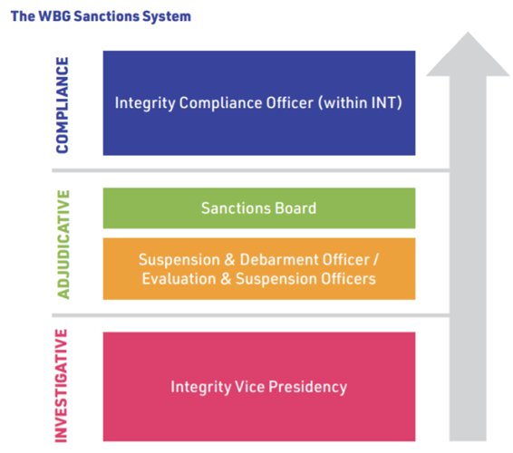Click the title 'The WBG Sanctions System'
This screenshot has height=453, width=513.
click(101, 16)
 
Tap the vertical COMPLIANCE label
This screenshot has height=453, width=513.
click(63, 105)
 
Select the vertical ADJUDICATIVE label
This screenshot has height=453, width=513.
click(63, 245)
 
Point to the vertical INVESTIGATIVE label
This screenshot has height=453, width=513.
click(62, 386)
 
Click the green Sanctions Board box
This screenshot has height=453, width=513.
click(259, 208)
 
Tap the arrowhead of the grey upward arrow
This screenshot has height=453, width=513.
click(468, 54)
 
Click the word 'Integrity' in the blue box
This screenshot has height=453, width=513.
click(145, 103)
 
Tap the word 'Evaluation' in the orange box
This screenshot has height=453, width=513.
click(179, 279)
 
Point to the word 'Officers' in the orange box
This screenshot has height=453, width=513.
click(348, 279)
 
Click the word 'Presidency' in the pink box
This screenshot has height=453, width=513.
click(308, 387)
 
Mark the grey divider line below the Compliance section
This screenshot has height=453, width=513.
click(251, 170)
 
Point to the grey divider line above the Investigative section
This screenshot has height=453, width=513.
click(251, 315)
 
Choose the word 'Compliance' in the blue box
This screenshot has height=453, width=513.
click(220, 103)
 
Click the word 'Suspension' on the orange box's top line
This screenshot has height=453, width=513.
click(179, 260)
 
